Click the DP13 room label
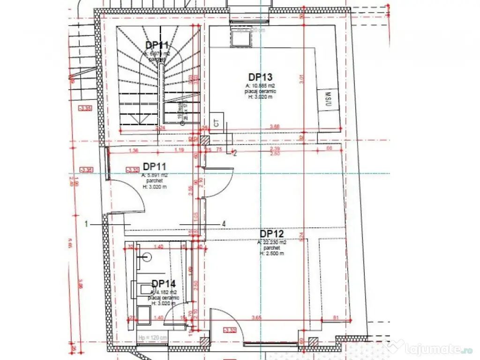pyautogui.click(x=261, y=77)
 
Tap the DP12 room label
pyautogui.click(x=272, y=233)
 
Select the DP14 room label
pyautogui.click(x=163, y=284)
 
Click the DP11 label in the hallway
pyautogui.click(x=155, y=166)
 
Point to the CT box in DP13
pyautogui.click(x=217, y=123)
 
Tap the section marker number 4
pyautogui.click(x=224, y=224)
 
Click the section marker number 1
pyautogui.click(x=86, y=224)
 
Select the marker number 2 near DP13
pyautogui.click(x=235, y=153)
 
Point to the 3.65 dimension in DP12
pyautogui.click(x=270, y=318)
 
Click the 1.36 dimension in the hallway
pyautogui.click(x=133, y=150)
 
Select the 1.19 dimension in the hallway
pyautogui.click(x=179, y=150)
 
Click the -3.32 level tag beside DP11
pyautogui.click(x=133, y=169)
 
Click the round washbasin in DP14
pyautogui.click(x=147, y=257)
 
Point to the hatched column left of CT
pyautogui.click(x=205, y=140)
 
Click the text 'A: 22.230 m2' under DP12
pyautogui.click(x=271, y=243)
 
